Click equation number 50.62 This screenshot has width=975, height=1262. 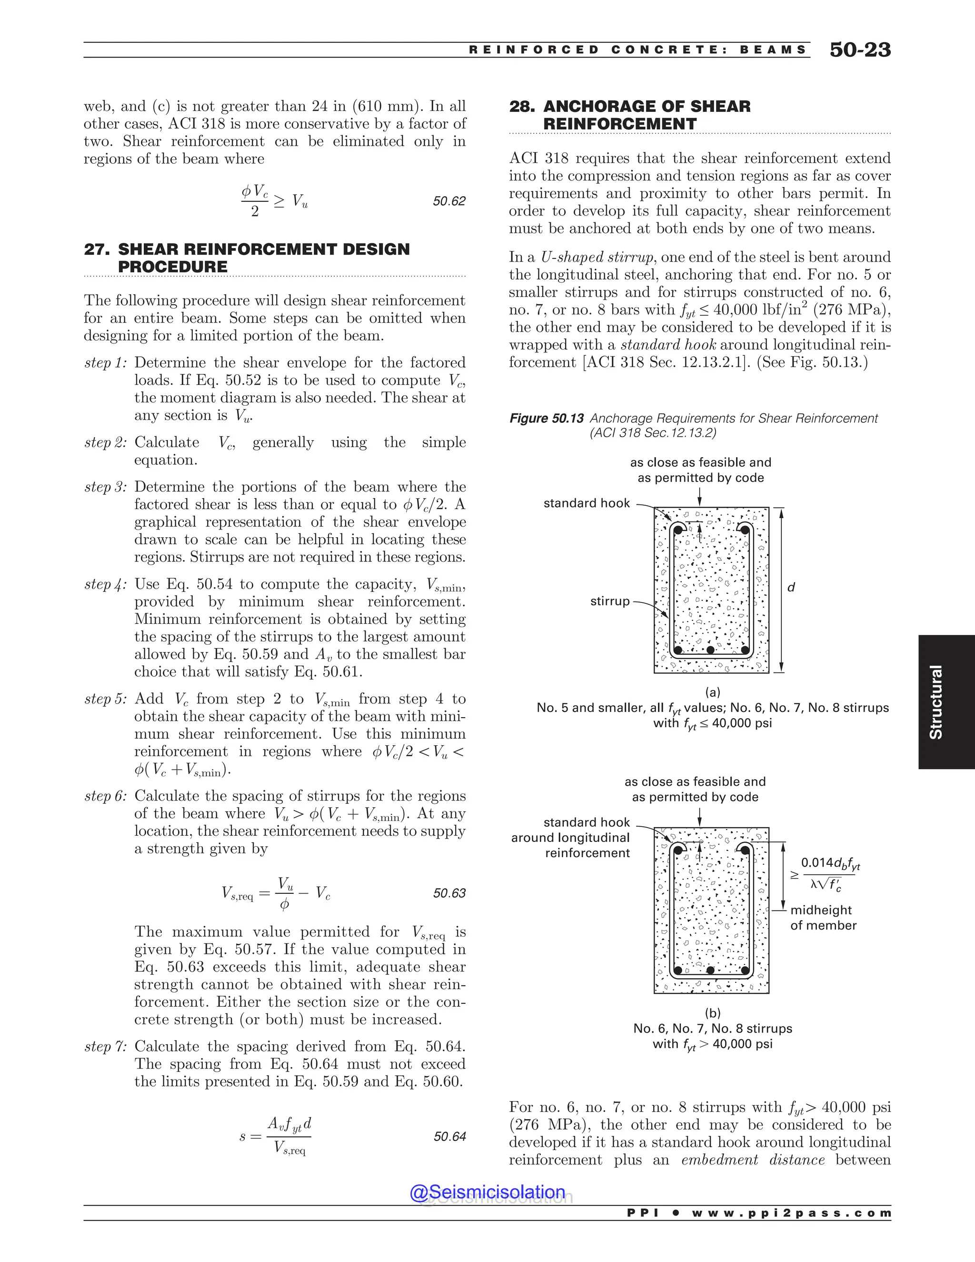tap(449, 201)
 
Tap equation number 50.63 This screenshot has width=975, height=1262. tap(449, 893)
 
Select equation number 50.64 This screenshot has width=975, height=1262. tap(449, 1137)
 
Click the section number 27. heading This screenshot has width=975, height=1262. tap(97, 249)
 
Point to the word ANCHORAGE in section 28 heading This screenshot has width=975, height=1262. tap(604, 106)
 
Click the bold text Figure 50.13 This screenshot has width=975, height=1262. tap(546, 418)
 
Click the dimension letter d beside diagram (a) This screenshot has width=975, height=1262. tap(791, 587)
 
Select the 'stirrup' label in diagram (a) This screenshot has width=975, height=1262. tap(609, 601)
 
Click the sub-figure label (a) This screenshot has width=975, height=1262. tap(712, 691)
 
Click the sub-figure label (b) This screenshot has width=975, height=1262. tap(712, 1013)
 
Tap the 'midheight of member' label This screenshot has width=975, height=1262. tap(823, 918)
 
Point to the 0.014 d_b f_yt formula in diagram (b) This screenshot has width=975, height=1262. tap(830, 863)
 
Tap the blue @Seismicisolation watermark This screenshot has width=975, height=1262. tap(487, 1192)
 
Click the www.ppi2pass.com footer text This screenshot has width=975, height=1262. tap(791, 1213)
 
